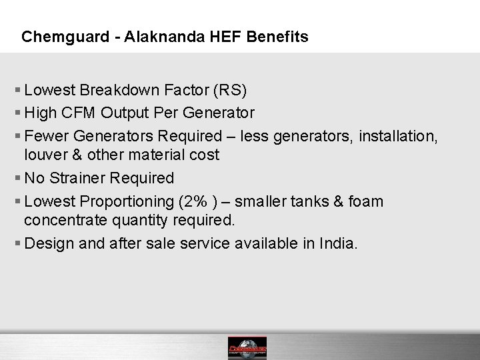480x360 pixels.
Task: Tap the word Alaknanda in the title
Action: [145, 37]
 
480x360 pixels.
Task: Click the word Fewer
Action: [45, 137]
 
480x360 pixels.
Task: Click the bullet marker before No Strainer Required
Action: [17, 178]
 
